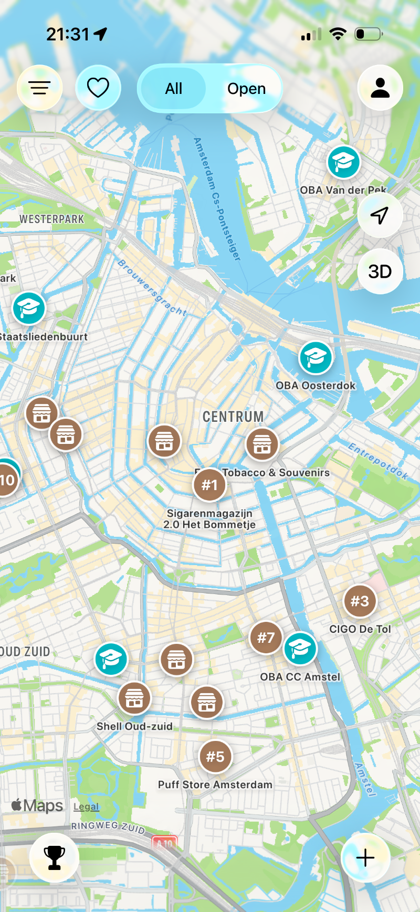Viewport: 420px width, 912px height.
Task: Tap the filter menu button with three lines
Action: (x=39, y=88)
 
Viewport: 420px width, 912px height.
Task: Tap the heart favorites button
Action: (x=98, y=88)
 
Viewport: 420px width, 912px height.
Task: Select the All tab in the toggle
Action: (x=173, y=89)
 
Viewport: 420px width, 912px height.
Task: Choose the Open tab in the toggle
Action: (x=246, y=89)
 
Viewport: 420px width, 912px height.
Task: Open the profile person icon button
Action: (x=380, y=88)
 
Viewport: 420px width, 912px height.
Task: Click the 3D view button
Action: (x=380, y=271)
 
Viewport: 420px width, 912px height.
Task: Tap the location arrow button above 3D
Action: (x=380, y=215)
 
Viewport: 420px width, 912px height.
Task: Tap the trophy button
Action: (x=55, y=857)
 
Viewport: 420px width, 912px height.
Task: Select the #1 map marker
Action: (x=209, y=485)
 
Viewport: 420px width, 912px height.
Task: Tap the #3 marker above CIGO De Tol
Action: (x=360, y=601)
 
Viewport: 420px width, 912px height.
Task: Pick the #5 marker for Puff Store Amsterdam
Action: (x=215, y=757)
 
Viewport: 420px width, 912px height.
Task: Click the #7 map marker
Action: (x=266, y=638)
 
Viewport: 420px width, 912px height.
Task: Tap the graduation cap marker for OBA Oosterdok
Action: (x=316, y=357)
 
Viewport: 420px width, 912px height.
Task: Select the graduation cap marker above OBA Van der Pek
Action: (x=344, y=162)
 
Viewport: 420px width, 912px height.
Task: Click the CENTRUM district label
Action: (x=233, y=417)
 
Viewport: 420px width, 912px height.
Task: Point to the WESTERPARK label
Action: (x=51, y=219)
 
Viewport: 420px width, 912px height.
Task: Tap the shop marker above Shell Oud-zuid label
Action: (x=134, y=698)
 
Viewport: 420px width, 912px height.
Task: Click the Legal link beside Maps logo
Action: (x=86, y=807)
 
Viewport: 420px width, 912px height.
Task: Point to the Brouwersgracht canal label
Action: (x=152, y=288)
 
